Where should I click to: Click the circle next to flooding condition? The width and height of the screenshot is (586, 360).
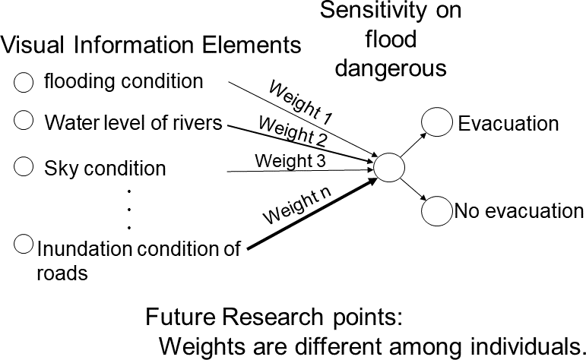click(x=24, y=83)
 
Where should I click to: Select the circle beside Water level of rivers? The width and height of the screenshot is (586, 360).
click(x=24, y=120)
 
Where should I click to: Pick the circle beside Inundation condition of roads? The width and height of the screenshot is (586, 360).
click(x=24, y=245)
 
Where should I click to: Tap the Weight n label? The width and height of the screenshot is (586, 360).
click(x=297, y=206)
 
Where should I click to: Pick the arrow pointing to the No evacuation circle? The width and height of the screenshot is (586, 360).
click(x=412, y=191)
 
